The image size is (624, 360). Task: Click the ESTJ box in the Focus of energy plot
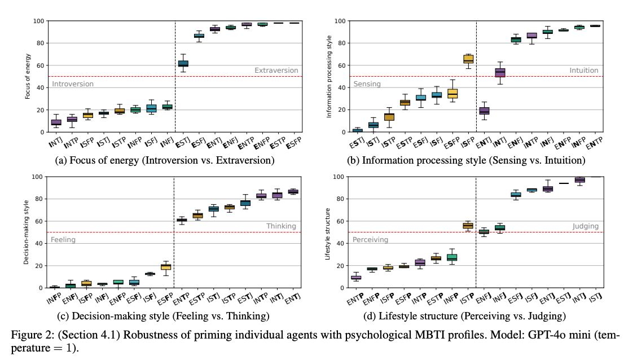tap(183, 63)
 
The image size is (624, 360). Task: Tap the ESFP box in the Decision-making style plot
tap(165, 266)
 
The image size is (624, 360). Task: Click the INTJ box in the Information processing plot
tap(484, 111)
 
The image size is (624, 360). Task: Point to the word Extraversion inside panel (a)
tap(276, 71)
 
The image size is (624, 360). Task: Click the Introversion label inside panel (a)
tap(73, 84)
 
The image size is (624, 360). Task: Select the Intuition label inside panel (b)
tap(583, 71)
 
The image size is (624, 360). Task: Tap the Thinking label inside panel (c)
tap(281, 226)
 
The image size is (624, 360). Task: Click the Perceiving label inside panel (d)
tap(370, 240)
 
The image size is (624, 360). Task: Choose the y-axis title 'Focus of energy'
tap(28, 76)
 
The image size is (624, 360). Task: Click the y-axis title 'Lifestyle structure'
tap(328, 232)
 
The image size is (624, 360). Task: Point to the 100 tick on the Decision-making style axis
tap(37, 177)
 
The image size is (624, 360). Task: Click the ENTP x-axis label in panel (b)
tap(591, 142)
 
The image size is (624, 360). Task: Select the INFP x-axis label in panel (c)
tap(53, 298)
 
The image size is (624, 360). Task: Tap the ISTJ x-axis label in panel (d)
tap(591, 298)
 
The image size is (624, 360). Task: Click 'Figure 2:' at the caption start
tap(28, 335)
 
